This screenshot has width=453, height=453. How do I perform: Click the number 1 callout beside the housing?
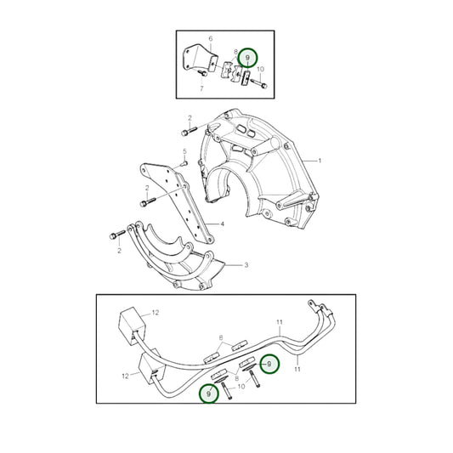pos(320,161)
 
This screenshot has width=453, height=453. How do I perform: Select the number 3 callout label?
pos(246,265)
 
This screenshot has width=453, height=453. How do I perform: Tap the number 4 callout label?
pos(222,224)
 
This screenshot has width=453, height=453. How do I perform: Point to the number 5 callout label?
pos(185,151)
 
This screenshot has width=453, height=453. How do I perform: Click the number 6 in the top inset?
pos(211,38)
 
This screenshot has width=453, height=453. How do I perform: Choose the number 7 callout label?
pos(201,88)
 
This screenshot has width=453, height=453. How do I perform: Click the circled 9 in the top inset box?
pos(247,58)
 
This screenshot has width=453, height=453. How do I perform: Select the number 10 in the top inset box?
pos(260,70)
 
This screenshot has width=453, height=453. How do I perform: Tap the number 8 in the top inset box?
pos(235,52)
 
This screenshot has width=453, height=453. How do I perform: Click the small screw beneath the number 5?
pos(184,164)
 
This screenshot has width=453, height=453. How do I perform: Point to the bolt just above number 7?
pos(202,73)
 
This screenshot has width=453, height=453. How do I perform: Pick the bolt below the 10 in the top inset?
pos(259,83)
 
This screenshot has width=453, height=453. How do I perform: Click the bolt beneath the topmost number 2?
pos(189,131)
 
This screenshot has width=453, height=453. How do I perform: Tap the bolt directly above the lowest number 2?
pos(117,235)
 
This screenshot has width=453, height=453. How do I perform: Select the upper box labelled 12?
pos(132,326)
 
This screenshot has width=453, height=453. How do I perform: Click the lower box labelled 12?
pos(151,367)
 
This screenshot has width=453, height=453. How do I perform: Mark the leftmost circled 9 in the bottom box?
pos(209,394)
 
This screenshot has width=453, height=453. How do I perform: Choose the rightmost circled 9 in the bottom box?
pos(269,364)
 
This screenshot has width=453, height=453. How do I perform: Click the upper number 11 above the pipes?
pos(280,322)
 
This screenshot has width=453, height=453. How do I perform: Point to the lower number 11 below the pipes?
pos(297,369)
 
